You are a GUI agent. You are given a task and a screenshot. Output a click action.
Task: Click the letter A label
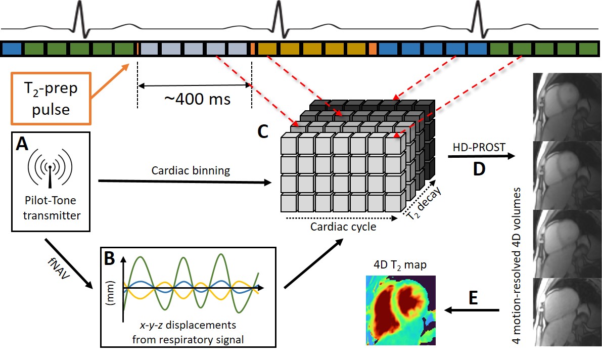pos(22,145)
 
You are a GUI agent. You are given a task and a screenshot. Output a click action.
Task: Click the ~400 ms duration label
pos(197,99)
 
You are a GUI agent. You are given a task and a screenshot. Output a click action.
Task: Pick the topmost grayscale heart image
pos(566,103)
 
